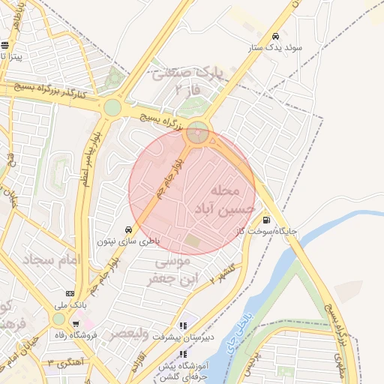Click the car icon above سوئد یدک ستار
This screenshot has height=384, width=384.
(276, 37)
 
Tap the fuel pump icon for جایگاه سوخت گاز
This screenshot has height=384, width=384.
(267, 220)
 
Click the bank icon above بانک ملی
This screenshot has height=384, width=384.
(70, 293)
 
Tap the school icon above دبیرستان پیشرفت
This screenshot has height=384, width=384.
(184, 326)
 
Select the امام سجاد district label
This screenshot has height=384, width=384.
(52, 260)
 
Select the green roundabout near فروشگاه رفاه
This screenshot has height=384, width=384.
(58, 319)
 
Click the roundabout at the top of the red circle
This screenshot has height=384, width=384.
(198, 133)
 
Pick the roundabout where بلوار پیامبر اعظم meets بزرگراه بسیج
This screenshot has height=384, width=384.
(112, 107)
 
